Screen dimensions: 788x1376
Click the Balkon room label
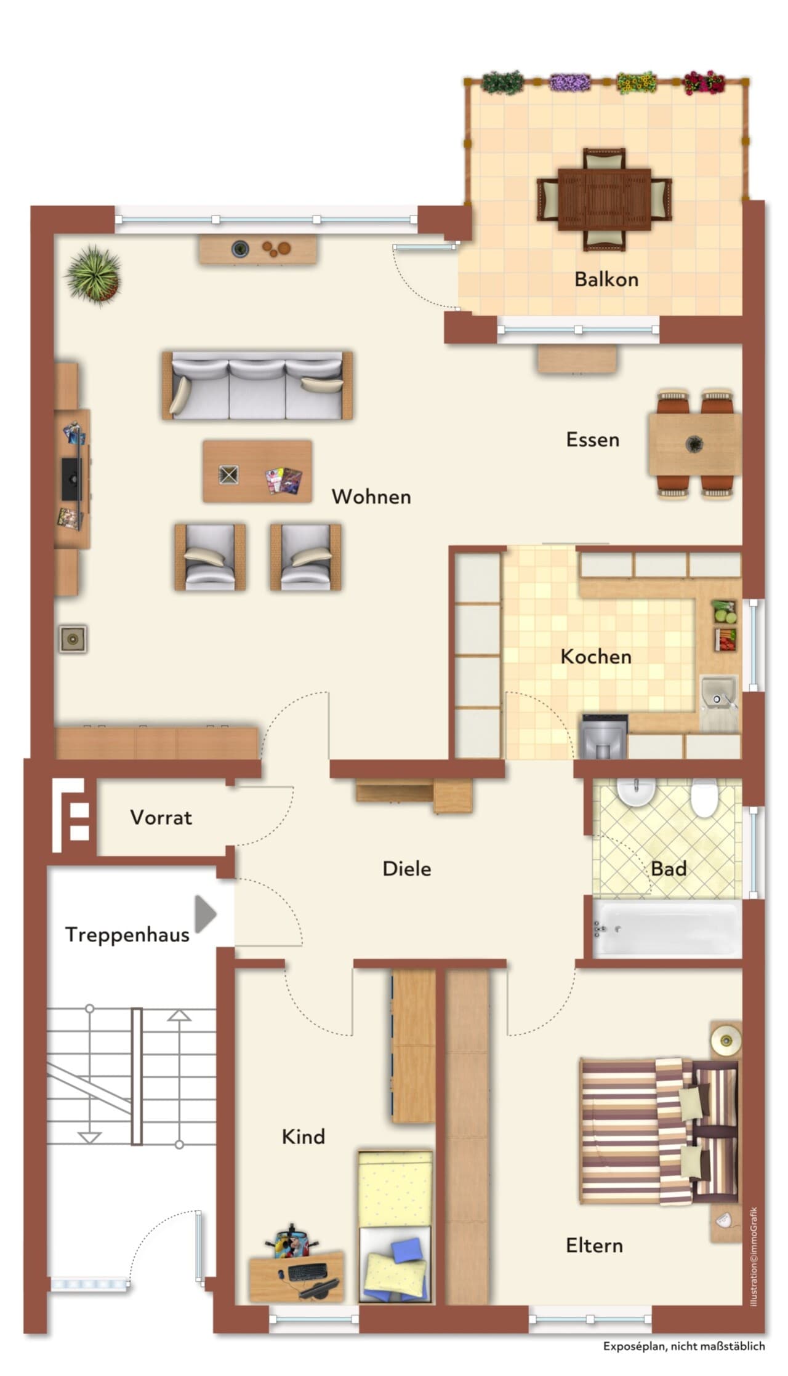606,279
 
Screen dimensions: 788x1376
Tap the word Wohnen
371,497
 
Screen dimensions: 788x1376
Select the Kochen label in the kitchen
596,657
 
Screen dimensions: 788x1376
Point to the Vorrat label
161,817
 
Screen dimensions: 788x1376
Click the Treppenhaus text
127,935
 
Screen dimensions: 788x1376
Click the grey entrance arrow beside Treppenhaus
206,914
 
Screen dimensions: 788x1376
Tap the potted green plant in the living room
94,274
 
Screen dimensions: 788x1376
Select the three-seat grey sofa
257,386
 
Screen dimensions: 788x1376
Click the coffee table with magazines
257,471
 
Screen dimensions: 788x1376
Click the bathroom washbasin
636,791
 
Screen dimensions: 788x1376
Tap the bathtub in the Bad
667,928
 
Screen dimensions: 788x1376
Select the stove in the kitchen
604,737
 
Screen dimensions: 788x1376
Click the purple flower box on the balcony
569,82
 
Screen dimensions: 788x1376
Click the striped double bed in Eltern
659,1131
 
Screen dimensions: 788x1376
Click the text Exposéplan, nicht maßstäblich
684,1346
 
